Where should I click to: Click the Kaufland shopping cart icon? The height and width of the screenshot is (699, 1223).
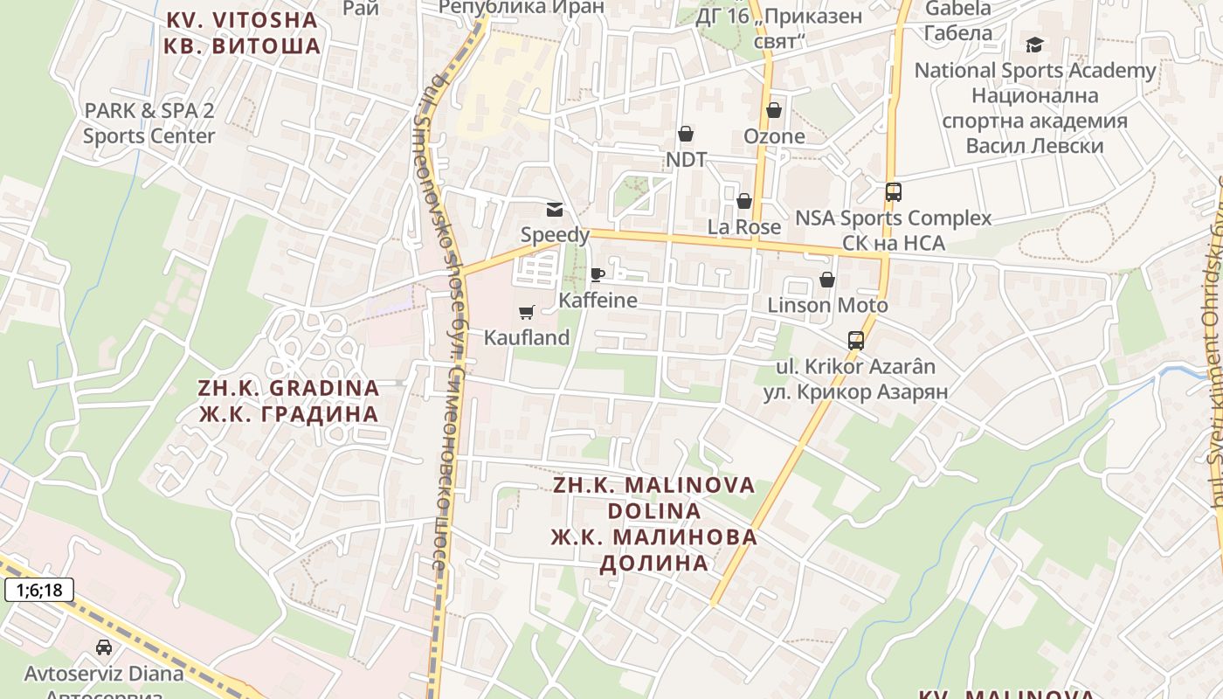point(527,312)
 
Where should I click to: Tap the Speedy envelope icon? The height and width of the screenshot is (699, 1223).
point(555,209)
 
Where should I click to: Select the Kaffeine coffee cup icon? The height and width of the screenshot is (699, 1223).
point(598,274)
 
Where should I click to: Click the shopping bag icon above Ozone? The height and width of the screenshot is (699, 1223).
point(774,110)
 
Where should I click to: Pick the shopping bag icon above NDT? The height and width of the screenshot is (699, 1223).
point(686,134)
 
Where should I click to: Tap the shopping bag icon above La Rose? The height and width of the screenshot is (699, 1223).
point(744,201)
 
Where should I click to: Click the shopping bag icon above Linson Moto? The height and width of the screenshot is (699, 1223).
point(826,280)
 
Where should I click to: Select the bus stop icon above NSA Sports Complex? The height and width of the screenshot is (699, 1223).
point(893,192)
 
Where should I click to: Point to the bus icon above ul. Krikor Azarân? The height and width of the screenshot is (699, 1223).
point(856,341)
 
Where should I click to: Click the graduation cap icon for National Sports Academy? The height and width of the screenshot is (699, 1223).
point(1034,45)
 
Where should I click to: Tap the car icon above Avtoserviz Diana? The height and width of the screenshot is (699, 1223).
point(104,647)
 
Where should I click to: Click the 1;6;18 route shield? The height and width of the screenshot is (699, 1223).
point(39,591)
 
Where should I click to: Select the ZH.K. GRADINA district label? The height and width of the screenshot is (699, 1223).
point(288,401)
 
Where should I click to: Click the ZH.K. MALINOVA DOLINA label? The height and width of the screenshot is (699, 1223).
point(653,523)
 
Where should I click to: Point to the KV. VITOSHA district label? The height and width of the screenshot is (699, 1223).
point(242,32)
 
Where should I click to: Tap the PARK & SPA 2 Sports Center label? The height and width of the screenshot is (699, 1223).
point(149,123)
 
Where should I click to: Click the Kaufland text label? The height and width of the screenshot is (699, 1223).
point(527,337)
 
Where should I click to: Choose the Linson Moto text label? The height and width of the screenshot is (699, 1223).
point(827,305)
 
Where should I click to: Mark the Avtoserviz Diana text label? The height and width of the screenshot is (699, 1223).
point(104,674)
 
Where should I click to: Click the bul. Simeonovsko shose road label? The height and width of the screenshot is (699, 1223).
point(446,323)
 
